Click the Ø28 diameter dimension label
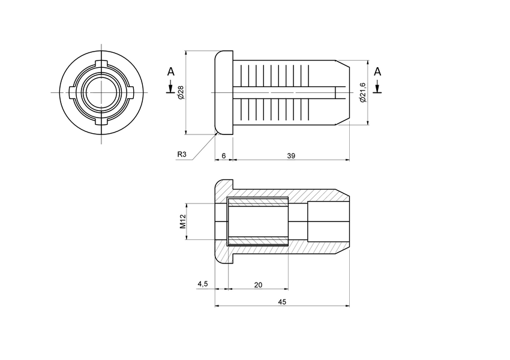(180, 92)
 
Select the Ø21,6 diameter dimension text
(362, 92)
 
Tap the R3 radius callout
(182, 155)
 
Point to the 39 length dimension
(290, 155)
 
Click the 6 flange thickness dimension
(223, 155)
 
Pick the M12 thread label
(183, 221)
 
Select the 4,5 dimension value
(202, 284)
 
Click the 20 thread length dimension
(258, 285)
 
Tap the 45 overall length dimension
(282, 302)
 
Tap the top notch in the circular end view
(101, 64)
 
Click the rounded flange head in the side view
(223, 92)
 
